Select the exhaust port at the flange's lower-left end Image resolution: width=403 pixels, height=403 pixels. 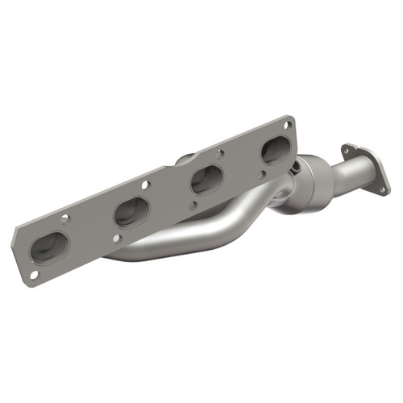click(x=49, y=247)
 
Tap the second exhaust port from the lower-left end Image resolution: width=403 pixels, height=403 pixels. click(x=131, y=212)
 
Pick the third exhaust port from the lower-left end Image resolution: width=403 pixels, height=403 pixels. click(x=206, y=178)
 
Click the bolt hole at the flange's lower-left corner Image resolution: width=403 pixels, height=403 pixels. click(x=33, y=275)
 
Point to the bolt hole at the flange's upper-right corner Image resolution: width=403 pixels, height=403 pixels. click(x=287, y=123)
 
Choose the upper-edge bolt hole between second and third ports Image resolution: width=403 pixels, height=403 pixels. click(x=146, y=185)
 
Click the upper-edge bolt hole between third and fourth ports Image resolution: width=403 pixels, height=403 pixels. click(x=220, y=152)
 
